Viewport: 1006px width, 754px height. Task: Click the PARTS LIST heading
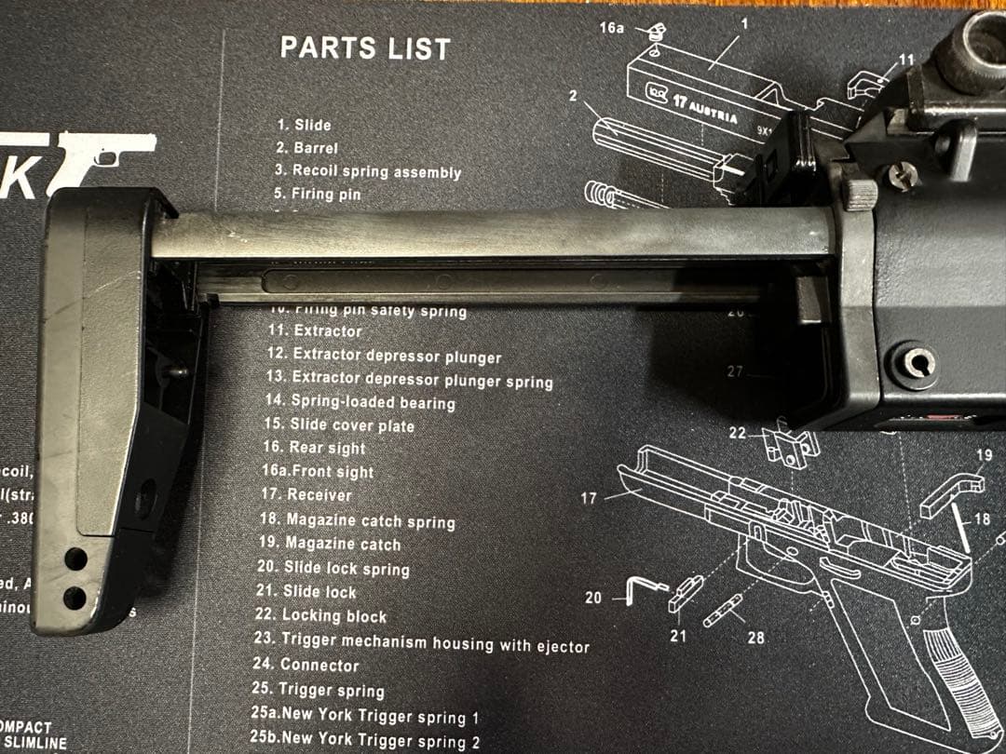click(x=365, y=48)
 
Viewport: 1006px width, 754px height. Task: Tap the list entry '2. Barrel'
click(x=306, y=148)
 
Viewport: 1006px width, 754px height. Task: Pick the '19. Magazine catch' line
click(x=330, y=545)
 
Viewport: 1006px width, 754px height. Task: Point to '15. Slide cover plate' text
click(x=339, y=425)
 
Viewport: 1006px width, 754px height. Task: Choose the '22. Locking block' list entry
click(x=320, y=616)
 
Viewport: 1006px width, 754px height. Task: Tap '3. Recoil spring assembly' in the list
click(x=368, y=171)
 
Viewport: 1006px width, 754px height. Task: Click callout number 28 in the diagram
click(x=756, y=637)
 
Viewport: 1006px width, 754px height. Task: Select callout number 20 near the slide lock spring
click(x=593, y=598)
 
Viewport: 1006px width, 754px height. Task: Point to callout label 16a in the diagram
click(x=611, y=28)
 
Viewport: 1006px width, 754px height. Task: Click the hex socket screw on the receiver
click(x=918, y=360)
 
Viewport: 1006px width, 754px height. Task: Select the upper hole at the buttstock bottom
click(x=75, y=559)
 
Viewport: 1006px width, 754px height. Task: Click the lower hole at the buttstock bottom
click(x=75, y=597)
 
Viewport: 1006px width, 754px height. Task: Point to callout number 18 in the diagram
click(x=983, y=518)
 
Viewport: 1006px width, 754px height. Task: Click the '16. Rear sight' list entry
click(x=314, y=448)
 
